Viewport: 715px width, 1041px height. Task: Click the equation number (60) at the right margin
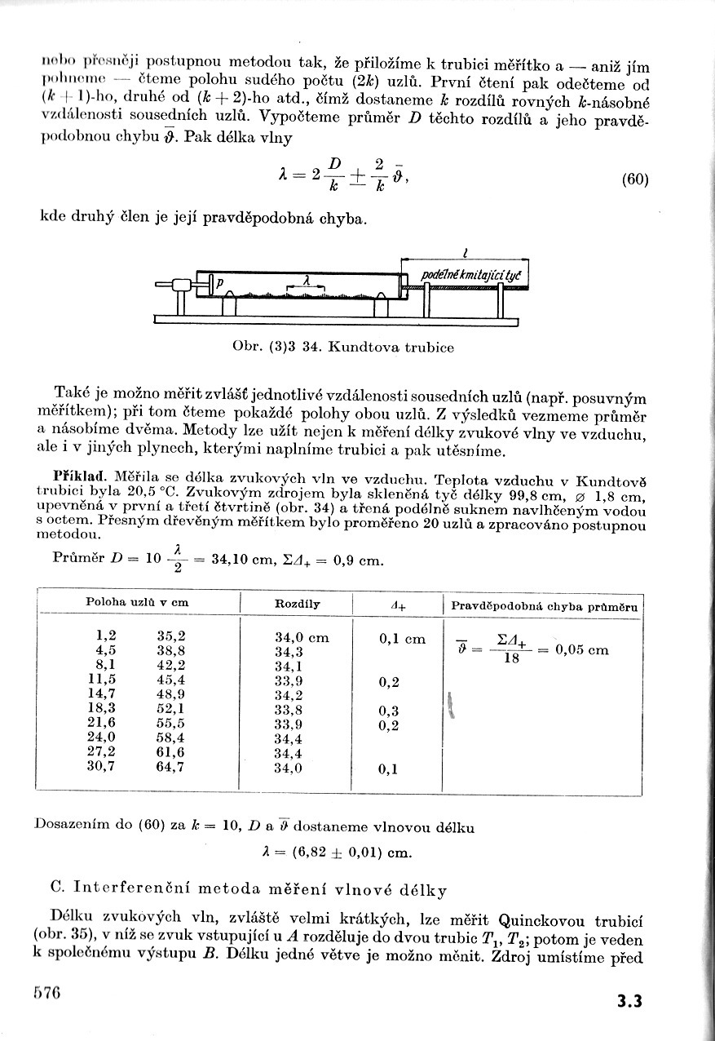pyautogui.click(x=634, y=179)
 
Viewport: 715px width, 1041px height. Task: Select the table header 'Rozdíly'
pyautogui.click(x=298, y=604)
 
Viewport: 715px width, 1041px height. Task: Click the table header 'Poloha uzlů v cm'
pyautogui.click(x=137, y=602)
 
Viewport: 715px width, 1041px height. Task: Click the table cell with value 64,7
pyautogui.click(x=170, y=767)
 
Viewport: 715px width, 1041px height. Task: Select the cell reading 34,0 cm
pyautogui.click(x=302, y=638)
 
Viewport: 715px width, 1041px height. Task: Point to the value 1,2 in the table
pyautogui.click(x=106, y=636)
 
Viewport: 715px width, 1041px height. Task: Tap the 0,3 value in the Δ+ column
pyautogui.click(x=389, y=711)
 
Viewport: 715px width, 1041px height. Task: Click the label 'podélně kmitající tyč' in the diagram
pyautogui.click(x=470, y=277)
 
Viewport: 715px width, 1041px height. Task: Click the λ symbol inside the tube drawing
pyautogui.click(x=306, y=279)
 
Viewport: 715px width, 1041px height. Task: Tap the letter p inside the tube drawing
pyautogui.click(x=220, y=286)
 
